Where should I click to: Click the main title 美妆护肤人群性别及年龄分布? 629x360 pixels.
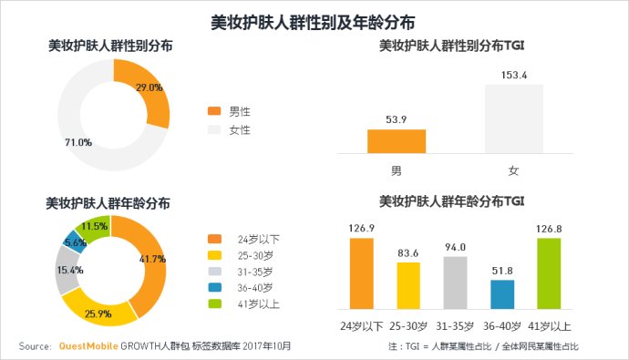pyautogui.click(x=314, y=20)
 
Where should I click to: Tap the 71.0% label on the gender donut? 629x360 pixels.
pyautogui.click(x=77, y=143)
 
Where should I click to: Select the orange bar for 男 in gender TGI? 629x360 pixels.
pyautogui.click(x=396, y=141)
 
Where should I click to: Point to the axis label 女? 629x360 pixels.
pyautogui.click(x=513, y=170)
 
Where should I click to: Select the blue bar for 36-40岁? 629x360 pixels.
pyautogui.click(x=501, y=294)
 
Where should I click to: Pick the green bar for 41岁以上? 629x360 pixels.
pyautogui.click(x=549, y=273)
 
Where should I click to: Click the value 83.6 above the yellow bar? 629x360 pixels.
pyautogui.click(x=408, y=252)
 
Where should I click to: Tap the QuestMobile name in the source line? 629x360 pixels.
pyautogui.click(x=89, y=346)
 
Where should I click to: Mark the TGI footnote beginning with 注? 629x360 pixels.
pyautogui.click(x=483, y=346)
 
